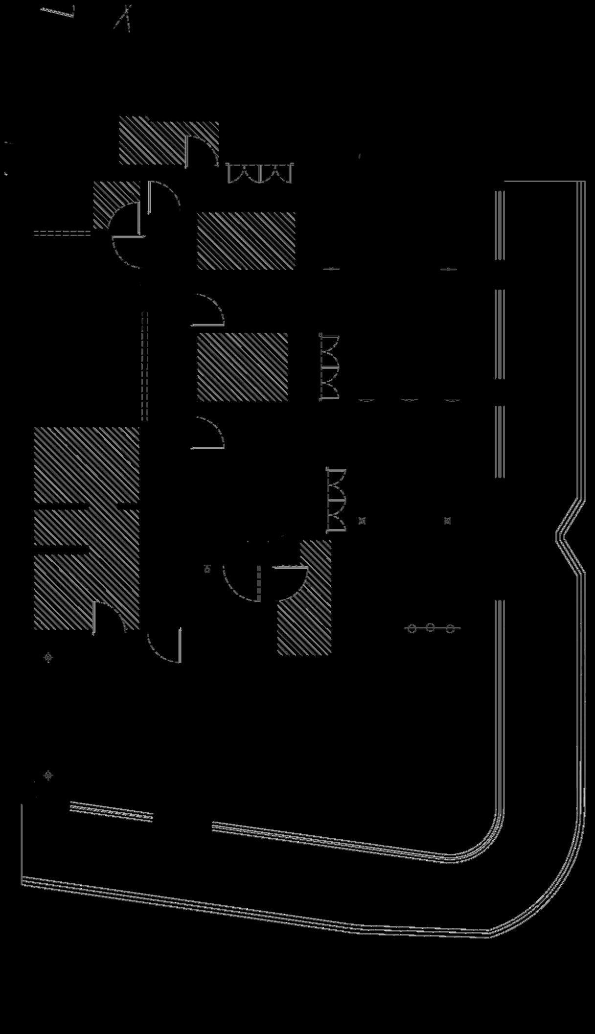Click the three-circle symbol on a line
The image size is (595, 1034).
[x=431, y=628]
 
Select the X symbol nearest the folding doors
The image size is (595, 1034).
[x=362, y=521]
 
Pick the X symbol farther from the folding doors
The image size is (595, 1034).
[x=447, y=521]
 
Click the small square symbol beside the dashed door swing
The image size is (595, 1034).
[x=207, y=569]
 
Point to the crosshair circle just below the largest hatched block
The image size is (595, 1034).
[x=48, y=657]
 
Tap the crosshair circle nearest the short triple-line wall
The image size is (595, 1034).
[x=48, y=775]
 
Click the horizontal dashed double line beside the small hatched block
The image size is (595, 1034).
[x=62, y=233]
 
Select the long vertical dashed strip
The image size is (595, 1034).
[x=145, y=366]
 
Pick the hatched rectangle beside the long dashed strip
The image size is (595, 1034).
[x=242, y=367]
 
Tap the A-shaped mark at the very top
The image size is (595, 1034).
[x=124, y=18]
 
